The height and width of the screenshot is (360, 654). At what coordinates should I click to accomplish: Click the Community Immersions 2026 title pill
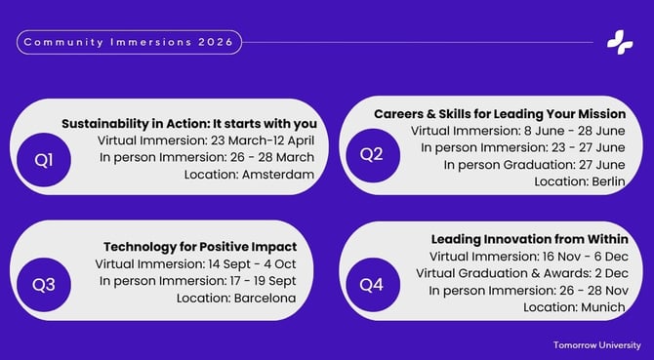click(x=129, y=42)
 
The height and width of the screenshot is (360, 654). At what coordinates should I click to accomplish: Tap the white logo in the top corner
click(x=620, y=42)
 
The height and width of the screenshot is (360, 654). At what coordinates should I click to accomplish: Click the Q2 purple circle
click(x=372, y=154)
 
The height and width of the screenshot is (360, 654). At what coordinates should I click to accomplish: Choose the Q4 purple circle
click(x=372, y=285)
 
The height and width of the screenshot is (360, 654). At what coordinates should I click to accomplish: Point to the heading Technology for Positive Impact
click(x=200, y=247)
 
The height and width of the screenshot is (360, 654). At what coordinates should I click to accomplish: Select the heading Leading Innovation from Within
click(x=529, y=238)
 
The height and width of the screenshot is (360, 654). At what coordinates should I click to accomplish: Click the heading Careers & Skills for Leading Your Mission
click(x=500, y=113)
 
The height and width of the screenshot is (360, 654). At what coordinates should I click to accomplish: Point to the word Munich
click(x=601, y=306)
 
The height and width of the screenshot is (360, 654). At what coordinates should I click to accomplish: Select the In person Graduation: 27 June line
click(x=535, y=165)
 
